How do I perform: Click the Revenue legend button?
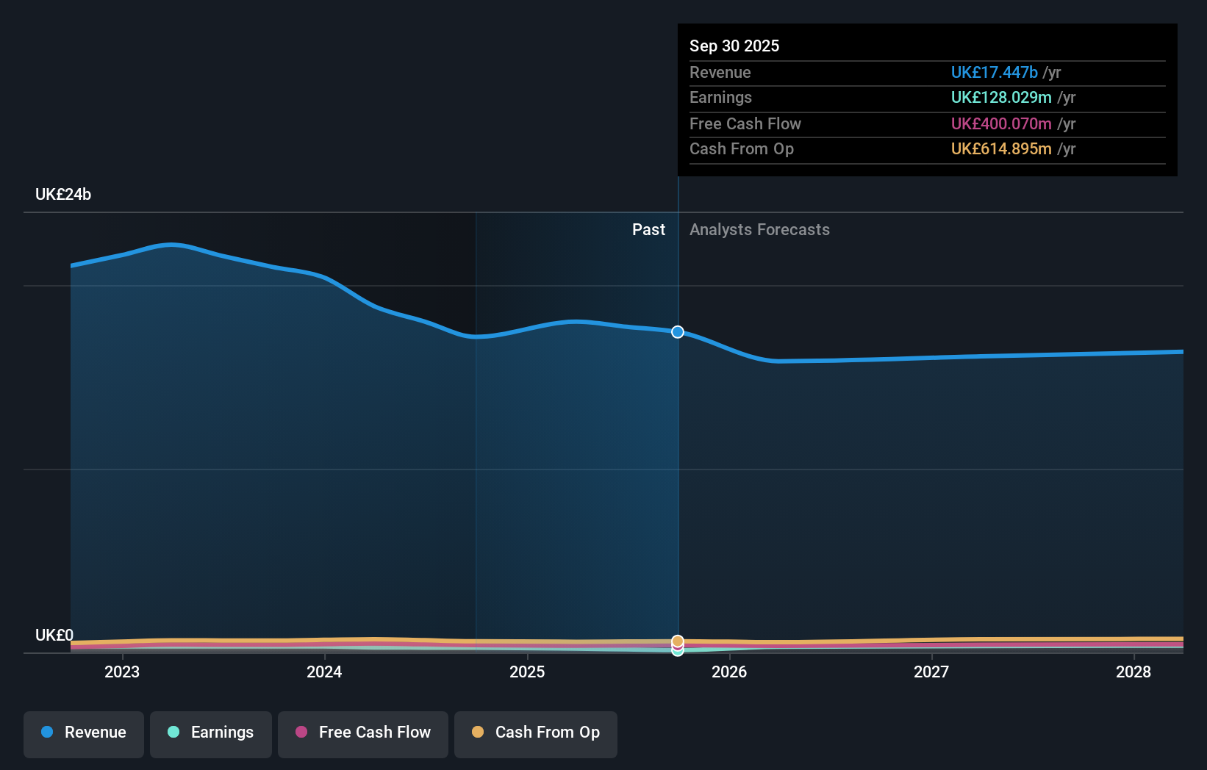84,733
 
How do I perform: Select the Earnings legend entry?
211,733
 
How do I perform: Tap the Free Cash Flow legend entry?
363,733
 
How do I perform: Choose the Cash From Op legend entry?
536,733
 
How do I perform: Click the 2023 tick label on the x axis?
122,672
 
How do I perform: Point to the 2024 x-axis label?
324,672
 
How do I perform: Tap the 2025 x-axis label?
527,672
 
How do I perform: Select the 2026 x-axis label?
729,672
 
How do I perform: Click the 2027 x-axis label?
931,672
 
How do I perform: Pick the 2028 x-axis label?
1133,672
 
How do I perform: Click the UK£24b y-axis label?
63,195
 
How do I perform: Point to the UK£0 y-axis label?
54,635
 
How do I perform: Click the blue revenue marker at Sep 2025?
678,332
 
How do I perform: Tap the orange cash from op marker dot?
678,641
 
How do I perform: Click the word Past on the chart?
648,230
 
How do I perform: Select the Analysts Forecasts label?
759,230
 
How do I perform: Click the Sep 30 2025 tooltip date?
734,46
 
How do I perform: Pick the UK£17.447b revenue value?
994,72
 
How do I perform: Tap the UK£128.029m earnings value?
1000,98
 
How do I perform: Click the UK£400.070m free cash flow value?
1000,123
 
